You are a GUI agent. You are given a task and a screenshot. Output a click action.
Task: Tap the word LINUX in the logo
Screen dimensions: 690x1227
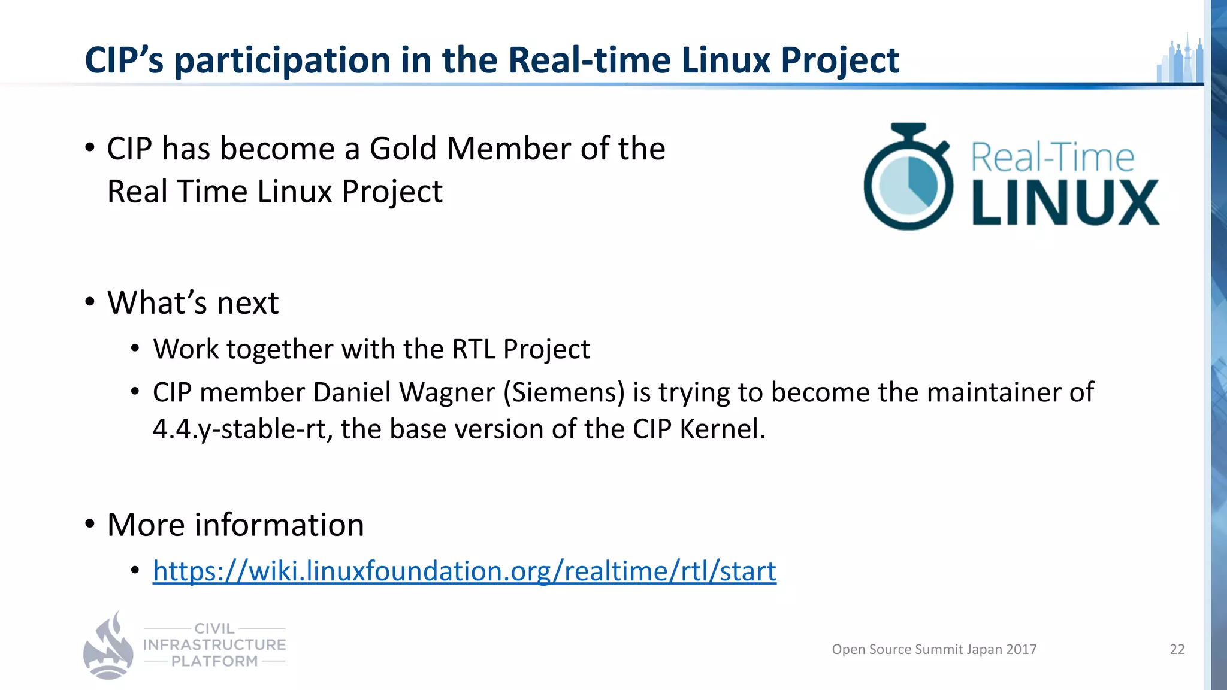click(x=1065, y=203)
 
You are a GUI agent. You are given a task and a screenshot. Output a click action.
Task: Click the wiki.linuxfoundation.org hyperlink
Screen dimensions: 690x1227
click(x=464, y=571)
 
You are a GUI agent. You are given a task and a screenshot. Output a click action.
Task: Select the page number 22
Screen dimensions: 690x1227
click(x=1177, y=649)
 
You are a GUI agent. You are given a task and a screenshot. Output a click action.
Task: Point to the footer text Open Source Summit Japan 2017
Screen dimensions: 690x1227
click(x=933, y=649)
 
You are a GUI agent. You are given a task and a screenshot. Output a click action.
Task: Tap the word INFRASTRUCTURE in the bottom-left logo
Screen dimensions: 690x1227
click(x=214, y=645)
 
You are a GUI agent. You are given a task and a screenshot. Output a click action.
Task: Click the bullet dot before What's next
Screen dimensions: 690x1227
click(x=90, y=301)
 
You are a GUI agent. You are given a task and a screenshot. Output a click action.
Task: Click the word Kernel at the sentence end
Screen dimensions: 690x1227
click(x=722, y=429)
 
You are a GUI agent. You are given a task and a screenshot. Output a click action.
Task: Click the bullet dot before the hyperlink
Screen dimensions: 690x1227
click(x=135, y=570)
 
